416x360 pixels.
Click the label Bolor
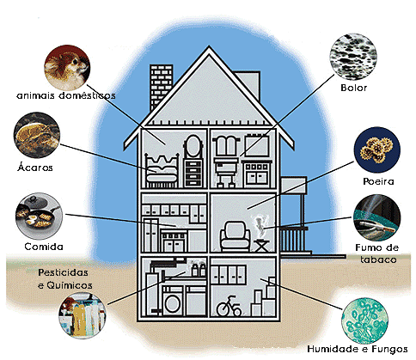click(x=354, y=88)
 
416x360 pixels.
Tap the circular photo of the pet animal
click(x=67, y=68)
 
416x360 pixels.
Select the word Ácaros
click(x=35, y=167)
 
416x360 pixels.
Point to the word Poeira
click(x=378, y=181)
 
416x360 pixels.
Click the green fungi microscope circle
click(x=365, y=320)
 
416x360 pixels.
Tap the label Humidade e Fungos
click(x=358, y=349)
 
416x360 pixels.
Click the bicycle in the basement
click(x=229, y=307)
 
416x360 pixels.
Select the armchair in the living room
click(x=235, y=236)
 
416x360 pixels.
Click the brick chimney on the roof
click(x=161, y=86)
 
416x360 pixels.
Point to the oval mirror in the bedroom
click(x=193, y=146)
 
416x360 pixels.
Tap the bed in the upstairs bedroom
click(x=162, y=171)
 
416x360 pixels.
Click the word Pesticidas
click(x=63, y=272)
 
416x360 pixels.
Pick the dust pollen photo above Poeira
click(x=377, y=149)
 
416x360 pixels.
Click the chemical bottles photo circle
click(x=82, y=315)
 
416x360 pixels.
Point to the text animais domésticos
click(x=66, y=95)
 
